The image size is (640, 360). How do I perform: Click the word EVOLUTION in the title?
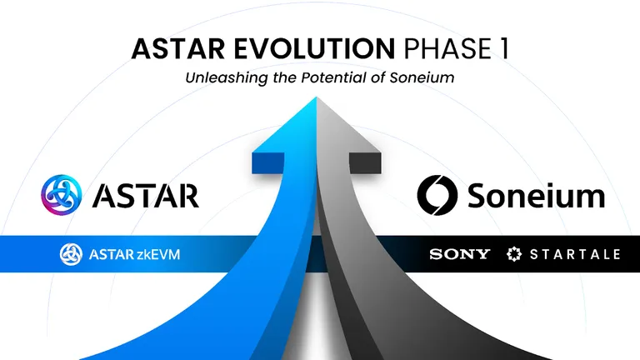coord(314,48)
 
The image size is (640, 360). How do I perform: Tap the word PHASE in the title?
coord(447,48)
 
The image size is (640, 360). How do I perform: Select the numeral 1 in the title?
coord(503,48)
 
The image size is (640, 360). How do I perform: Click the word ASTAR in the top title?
coord(178,48)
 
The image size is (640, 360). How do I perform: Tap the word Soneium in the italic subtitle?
coord(422,77)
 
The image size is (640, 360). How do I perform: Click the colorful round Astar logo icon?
coord(61,195)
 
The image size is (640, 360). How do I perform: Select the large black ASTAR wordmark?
coord(146,196)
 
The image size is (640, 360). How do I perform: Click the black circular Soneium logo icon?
coord(437,195)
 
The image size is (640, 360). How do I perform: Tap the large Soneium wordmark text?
coord(536,195)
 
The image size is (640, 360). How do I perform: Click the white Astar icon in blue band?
coord(71,254)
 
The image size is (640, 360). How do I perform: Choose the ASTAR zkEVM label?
coord(134,254)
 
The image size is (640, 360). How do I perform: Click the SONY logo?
coord(460,254)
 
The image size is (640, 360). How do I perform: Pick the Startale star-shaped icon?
coord(514,254)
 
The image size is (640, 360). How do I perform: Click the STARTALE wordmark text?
coord(575,254)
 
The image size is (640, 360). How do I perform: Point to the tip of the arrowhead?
coord(317,97)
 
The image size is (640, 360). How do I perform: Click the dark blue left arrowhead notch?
coord(267,163)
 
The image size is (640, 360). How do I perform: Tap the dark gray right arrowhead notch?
coord(365,163)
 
